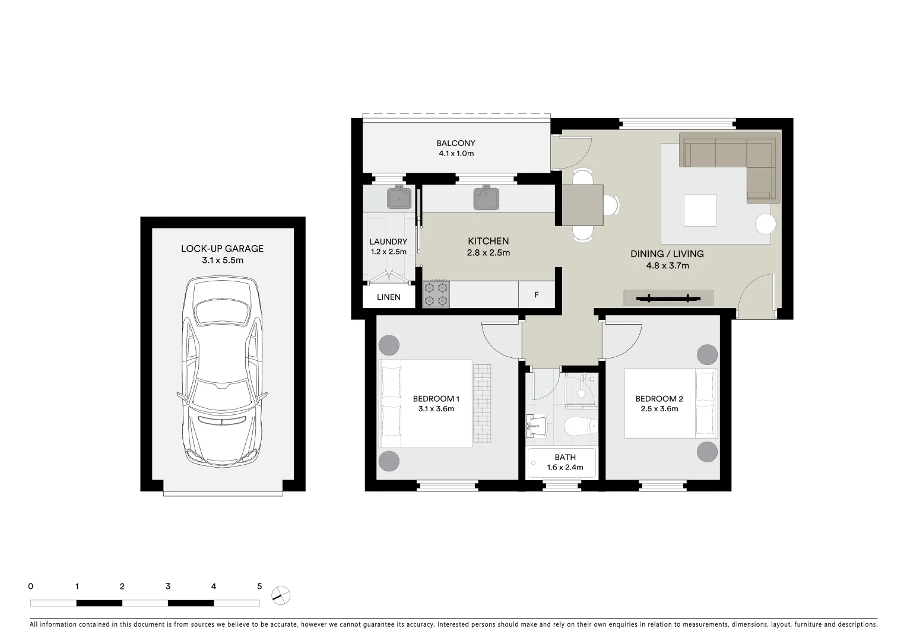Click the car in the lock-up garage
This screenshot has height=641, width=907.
pos(222,373)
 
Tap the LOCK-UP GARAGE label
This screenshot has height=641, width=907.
pos(222,249)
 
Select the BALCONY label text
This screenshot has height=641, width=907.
pos(456,143)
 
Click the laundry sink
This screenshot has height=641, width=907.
pos(399,198)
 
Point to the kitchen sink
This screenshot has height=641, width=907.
pos(486,198)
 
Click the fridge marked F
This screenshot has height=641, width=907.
pos(537,294)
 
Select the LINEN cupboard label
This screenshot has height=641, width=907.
pos(389,297)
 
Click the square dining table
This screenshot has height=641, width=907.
pos(582,205)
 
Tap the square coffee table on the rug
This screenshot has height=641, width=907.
pos(700,210)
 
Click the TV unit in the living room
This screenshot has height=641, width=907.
pos(668,298)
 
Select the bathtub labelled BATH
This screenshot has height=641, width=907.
pos(562,462)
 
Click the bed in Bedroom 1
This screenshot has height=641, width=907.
pos(426,404)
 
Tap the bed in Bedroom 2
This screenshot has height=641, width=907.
pos(670,404)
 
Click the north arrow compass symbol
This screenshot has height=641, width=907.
pos(281,595)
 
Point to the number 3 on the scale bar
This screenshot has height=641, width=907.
pos(168,586)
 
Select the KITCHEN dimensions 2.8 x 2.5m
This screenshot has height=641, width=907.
pos(489,253)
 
